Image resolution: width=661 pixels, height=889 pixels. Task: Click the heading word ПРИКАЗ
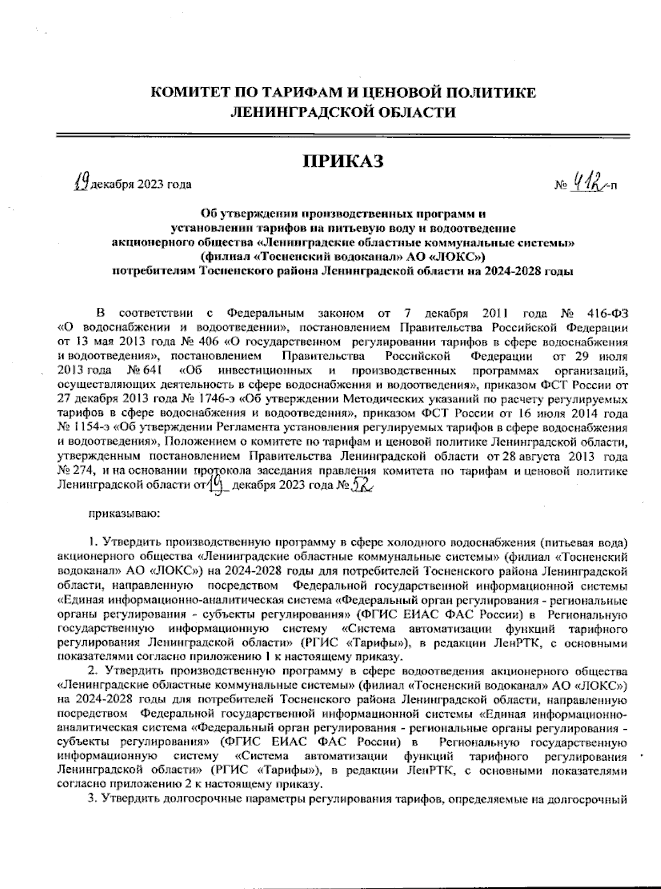point(343,161)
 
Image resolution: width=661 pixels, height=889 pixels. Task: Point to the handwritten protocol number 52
point(362,484)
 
